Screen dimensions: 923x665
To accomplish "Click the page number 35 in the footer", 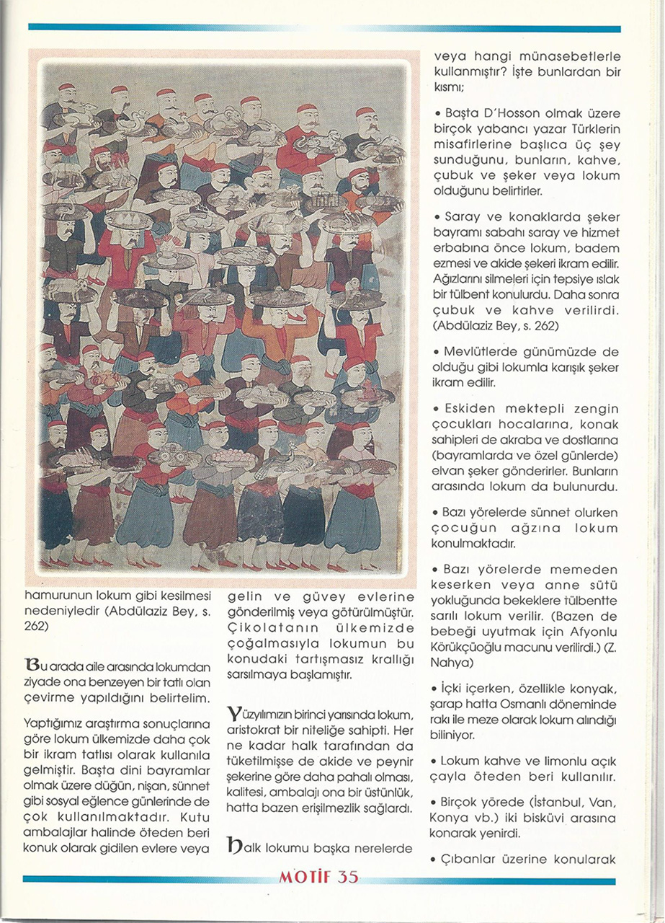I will pyautogui.click(x=347, y=878).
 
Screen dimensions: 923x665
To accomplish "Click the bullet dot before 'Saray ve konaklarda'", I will pyautogui.click(x=439, y=217).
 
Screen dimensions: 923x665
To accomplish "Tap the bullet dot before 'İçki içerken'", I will pyautogui.click(x=439, y=689).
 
